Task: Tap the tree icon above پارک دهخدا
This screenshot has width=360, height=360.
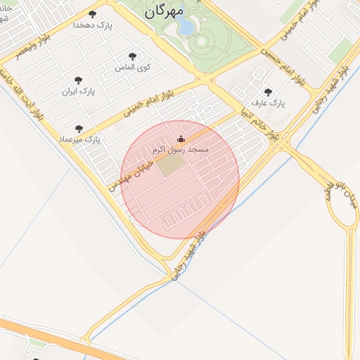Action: (x=93, y=14)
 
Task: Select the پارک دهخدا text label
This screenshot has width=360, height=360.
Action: (x=93, y=25)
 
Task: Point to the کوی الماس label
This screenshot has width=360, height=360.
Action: (x=134, y=67)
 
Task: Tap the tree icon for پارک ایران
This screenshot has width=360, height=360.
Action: (x=78, y=80)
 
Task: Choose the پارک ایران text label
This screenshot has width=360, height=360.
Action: (x=78, y=91)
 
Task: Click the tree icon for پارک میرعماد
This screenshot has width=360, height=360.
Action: (x=78, y=129)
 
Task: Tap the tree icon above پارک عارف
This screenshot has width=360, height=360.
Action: (x=267, y=91)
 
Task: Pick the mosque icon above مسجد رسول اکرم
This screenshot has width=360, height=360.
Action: (x=181, y=139)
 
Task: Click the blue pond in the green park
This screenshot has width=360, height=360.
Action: (x=186, y=27)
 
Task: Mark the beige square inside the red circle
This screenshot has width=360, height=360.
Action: (x=169, y=167)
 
